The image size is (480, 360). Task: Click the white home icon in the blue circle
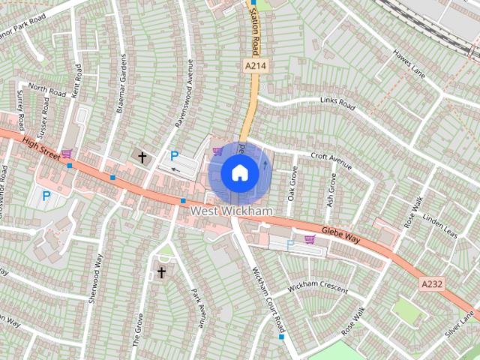tap(239, 173)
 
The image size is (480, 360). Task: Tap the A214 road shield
tap(256, 67)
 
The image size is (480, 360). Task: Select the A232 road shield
tap(432, 284)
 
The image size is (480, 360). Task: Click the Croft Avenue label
tap(331, 161)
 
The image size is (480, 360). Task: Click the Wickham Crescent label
tap(318, 287)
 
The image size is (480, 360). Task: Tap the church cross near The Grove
tap(160, 272)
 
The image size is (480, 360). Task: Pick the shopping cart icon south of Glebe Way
tap(310, 240)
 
